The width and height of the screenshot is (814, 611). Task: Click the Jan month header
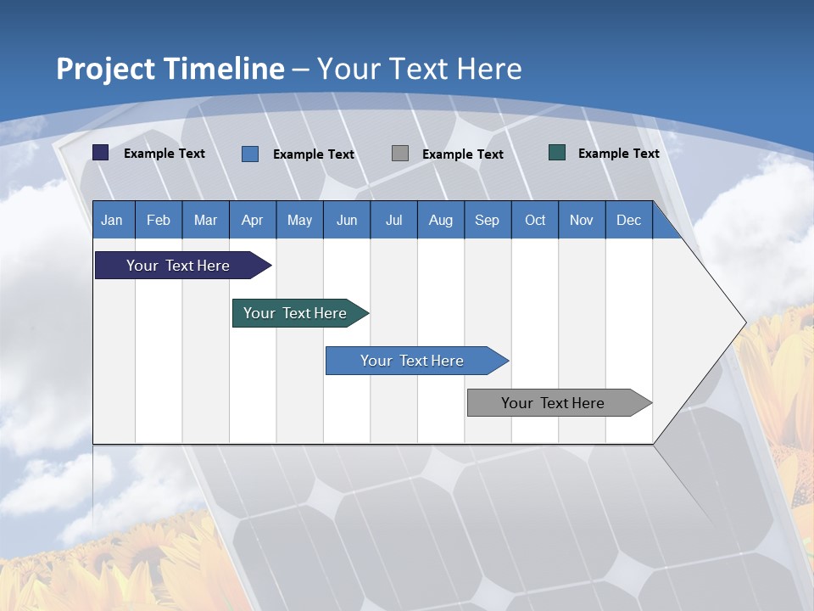tap(112, 220)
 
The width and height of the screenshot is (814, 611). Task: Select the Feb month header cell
tap(159, 220)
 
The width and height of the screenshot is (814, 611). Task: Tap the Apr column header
tap(252, 220)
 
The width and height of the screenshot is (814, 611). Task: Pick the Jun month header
tap(347, 220)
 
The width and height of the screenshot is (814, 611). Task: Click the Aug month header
tap(440, 220)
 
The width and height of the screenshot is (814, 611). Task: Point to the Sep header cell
tap(487, 220)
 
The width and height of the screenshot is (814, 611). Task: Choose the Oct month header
tap(535, 220)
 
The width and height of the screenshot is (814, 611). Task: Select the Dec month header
tap(628, 220)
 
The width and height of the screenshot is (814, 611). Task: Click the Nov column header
tap(581, 220)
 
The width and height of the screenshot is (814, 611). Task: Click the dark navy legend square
tap(101, 153)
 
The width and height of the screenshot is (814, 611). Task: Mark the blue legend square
tap(250, 154)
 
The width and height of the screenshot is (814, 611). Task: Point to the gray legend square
tap(400, 154)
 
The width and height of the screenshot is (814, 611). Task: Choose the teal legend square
tap(557, 153)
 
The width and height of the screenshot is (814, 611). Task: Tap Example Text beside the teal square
tap(618, 154)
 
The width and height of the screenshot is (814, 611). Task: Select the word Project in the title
tap(104, 69)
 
